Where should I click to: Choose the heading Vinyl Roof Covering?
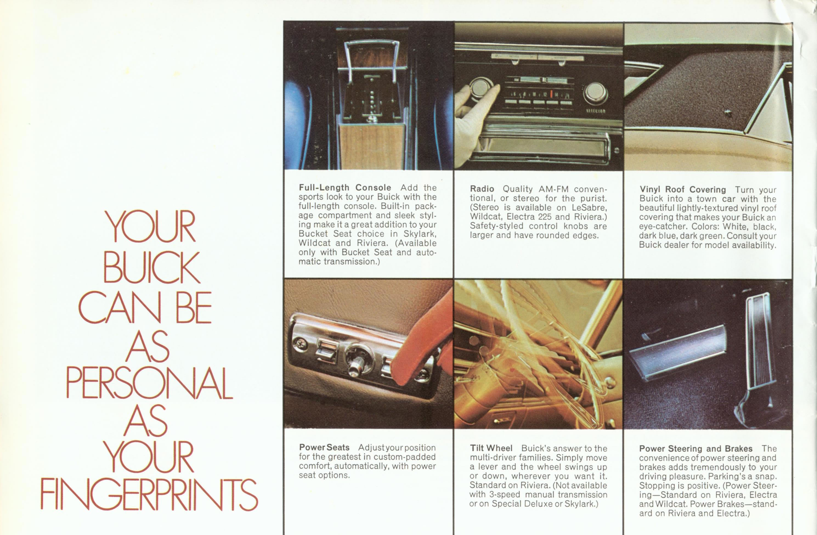tap(683, 190)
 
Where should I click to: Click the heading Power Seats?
tap(324, 448)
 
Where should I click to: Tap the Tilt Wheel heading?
tap(491, 449)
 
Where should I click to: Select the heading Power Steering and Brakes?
tap(696, 449)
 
